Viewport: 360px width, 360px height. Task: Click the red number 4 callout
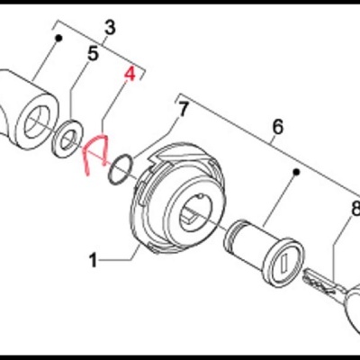click(x=130, y=75)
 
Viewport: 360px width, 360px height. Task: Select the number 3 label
click(x=110, y=28)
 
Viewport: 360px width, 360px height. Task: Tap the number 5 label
click(x=93, y=54)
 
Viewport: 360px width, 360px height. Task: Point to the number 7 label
click(x=183, y=110)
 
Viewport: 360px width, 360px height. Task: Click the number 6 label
click(x=278, y=127)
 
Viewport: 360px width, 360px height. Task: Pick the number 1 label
click(x=94, y=260)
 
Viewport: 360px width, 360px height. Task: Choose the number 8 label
click(x=355, y=209)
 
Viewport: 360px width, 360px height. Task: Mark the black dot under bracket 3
click(x=58, y=38)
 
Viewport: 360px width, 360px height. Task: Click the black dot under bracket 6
click(x=297, y=172)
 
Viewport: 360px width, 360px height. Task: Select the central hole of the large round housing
click(x=195, y=211)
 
